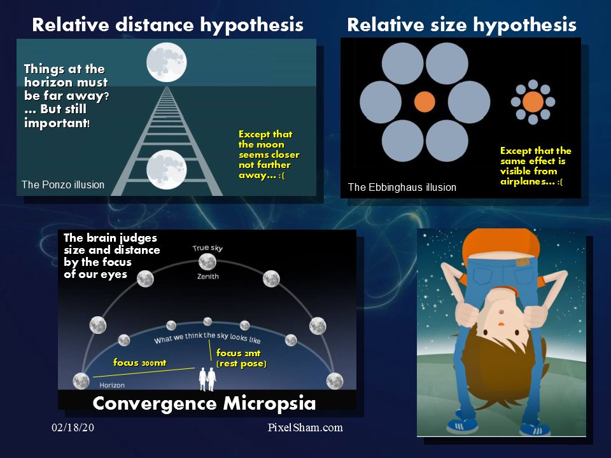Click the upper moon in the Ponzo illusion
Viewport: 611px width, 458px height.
tap(167, 62)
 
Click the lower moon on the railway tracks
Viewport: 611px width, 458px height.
tap(167, 170)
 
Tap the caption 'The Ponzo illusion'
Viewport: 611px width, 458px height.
tap(63, 184)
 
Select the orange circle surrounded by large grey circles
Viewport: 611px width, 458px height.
tap(425, 102)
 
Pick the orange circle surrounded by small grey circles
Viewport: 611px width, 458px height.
tap(533, 102)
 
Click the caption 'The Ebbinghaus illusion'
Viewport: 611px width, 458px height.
tap(402, 187)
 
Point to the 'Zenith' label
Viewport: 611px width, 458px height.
tap(207, 277)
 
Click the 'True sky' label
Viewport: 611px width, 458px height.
tap(207, 247)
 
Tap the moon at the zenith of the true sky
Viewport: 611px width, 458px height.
tap(207, 261)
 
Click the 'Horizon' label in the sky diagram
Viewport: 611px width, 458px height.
tap(112, 385)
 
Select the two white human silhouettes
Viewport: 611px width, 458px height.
tap(207, 379)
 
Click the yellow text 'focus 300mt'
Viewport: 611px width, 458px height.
tap(139, 363)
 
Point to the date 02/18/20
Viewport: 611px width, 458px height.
tap(73, 427)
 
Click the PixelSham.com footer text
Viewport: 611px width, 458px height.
tap(305, 427)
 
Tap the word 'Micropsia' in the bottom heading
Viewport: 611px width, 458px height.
tap(269, 403)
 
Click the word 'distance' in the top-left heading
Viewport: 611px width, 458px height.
tap(155, 25)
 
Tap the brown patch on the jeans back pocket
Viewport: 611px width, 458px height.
tap(522, 261)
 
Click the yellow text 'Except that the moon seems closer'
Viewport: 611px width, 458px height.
tap(269, 144)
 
